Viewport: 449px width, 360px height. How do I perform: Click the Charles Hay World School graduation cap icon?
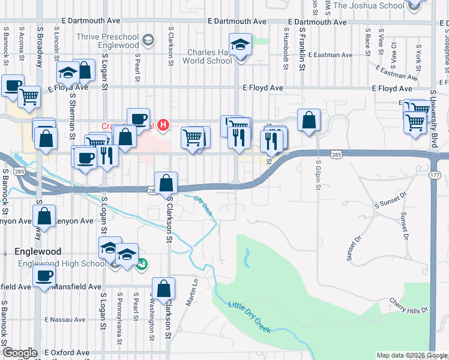(241, 46)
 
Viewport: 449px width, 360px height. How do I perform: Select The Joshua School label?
(369, 5)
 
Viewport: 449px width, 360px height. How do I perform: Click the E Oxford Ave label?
(65, 352)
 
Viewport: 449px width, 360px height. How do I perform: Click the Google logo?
(20, 353)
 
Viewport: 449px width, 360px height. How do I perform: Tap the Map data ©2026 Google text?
(412, 355)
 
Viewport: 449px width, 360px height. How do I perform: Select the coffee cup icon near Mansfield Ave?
(43, 277)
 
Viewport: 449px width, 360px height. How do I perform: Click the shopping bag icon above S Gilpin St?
(309, 120)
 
